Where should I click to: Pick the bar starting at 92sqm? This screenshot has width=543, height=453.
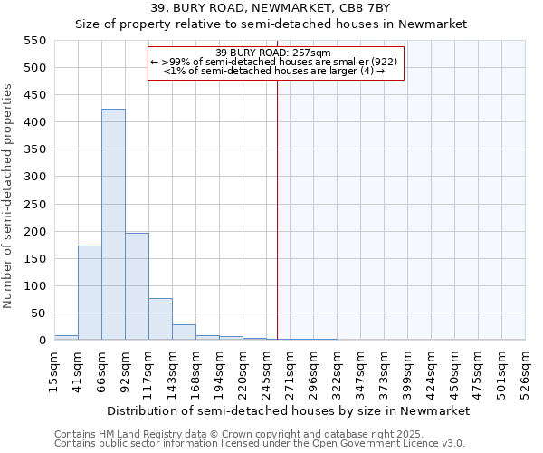pos(137,286)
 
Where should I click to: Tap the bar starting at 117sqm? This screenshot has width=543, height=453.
pos(160,319)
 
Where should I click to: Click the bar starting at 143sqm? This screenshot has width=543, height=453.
pos(184,332)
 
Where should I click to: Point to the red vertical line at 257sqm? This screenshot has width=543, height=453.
pos(277,199)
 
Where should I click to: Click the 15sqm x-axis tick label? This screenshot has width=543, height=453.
pos(54,371)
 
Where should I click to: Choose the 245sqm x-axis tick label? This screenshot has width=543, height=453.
pos(266,371)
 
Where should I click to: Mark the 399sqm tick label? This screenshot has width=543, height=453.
pos(407,371)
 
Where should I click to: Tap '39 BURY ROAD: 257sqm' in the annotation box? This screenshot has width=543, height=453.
pos(274,53)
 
